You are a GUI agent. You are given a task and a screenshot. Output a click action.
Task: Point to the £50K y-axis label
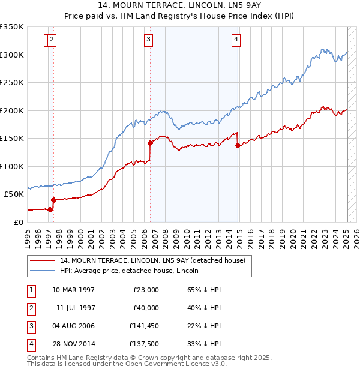[13, 194]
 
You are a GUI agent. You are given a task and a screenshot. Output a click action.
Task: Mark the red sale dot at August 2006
[150, 143]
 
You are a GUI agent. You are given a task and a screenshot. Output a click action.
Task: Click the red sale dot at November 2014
[238, 145]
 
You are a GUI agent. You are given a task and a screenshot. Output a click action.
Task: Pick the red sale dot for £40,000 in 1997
[53, 200]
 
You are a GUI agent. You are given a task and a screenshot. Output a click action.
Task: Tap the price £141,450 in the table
[144, 326]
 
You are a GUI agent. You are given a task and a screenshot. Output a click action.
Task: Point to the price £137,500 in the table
[144, 345]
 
